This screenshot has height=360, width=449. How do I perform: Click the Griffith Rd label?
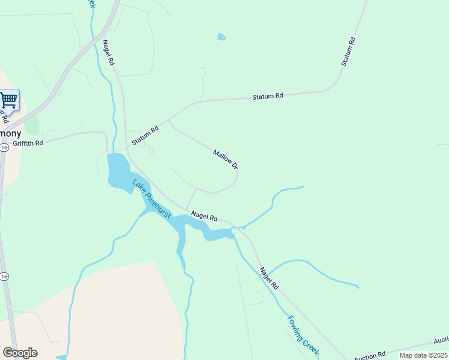[x=28, y=143]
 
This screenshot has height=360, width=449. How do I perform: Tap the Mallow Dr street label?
[x=226, y=158]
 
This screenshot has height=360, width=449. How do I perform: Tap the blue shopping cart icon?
[x=8, y=100]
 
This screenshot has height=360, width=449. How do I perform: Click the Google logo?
[x=20, y=353]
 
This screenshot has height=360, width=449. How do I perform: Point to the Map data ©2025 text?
[x=423, y=355]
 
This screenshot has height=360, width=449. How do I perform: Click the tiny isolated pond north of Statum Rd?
[x=221, y=37]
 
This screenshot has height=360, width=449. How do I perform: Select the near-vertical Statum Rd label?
[x=349, y=52]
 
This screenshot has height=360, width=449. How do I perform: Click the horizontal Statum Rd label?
[x=267, y=96]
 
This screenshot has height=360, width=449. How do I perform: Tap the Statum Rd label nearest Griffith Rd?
[x=145, y=134]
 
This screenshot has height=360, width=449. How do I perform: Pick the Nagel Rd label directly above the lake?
[x=204, y=215]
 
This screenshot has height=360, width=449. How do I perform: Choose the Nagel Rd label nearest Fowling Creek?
[x=270, y=279]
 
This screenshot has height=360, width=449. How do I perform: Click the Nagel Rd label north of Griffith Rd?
[x=108, y=53]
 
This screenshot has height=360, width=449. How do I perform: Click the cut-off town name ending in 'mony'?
[x=11, y=133]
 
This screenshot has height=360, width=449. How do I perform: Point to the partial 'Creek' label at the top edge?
[x=91, y=3]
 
